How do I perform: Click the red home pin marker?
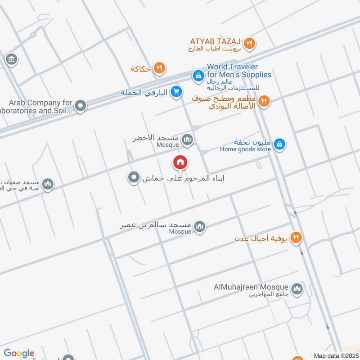pyautogui.click(x=180, y=162)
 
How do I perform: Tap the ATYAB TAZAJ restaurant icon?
pyautogui.click(x=250, y=44)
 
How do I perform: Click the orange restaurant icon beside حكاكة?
pyautogui.click(x=159, y=68)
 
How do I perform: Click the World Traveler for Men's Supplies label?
pyautogui.click(x=238, y=71)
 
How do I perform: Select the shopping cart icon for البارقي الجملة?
pyautogui.click(x=176, y=92)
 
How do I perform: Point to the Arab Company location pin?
pyautogui.click(x=81, y=106)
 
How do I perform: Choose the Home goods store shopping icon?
pyautogui.click(x=279, y=144)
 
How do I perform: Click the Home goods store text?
pyautogui.click(x=246, y=149)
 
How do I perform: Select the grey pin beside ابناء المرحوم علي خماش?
pyautogui.click(x=133, y=178)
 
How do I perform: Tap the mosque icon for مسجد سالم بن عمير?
pyautogui.click(x=200, y=227)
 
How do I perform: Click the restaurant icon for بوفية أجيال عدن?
pyautogui.click(x=296, y=238)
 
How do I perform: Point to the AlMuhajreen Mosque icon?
pyautogui.click(x=297, y=289)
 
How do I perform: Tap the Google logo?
pyautogui.click(x=19, y=353)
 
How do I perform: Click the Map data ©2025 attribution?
pyautogui.click(x=335, y=355)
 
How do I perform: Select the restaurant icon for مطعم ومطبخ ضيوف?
pyautogui.click(x=264, y=102)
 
